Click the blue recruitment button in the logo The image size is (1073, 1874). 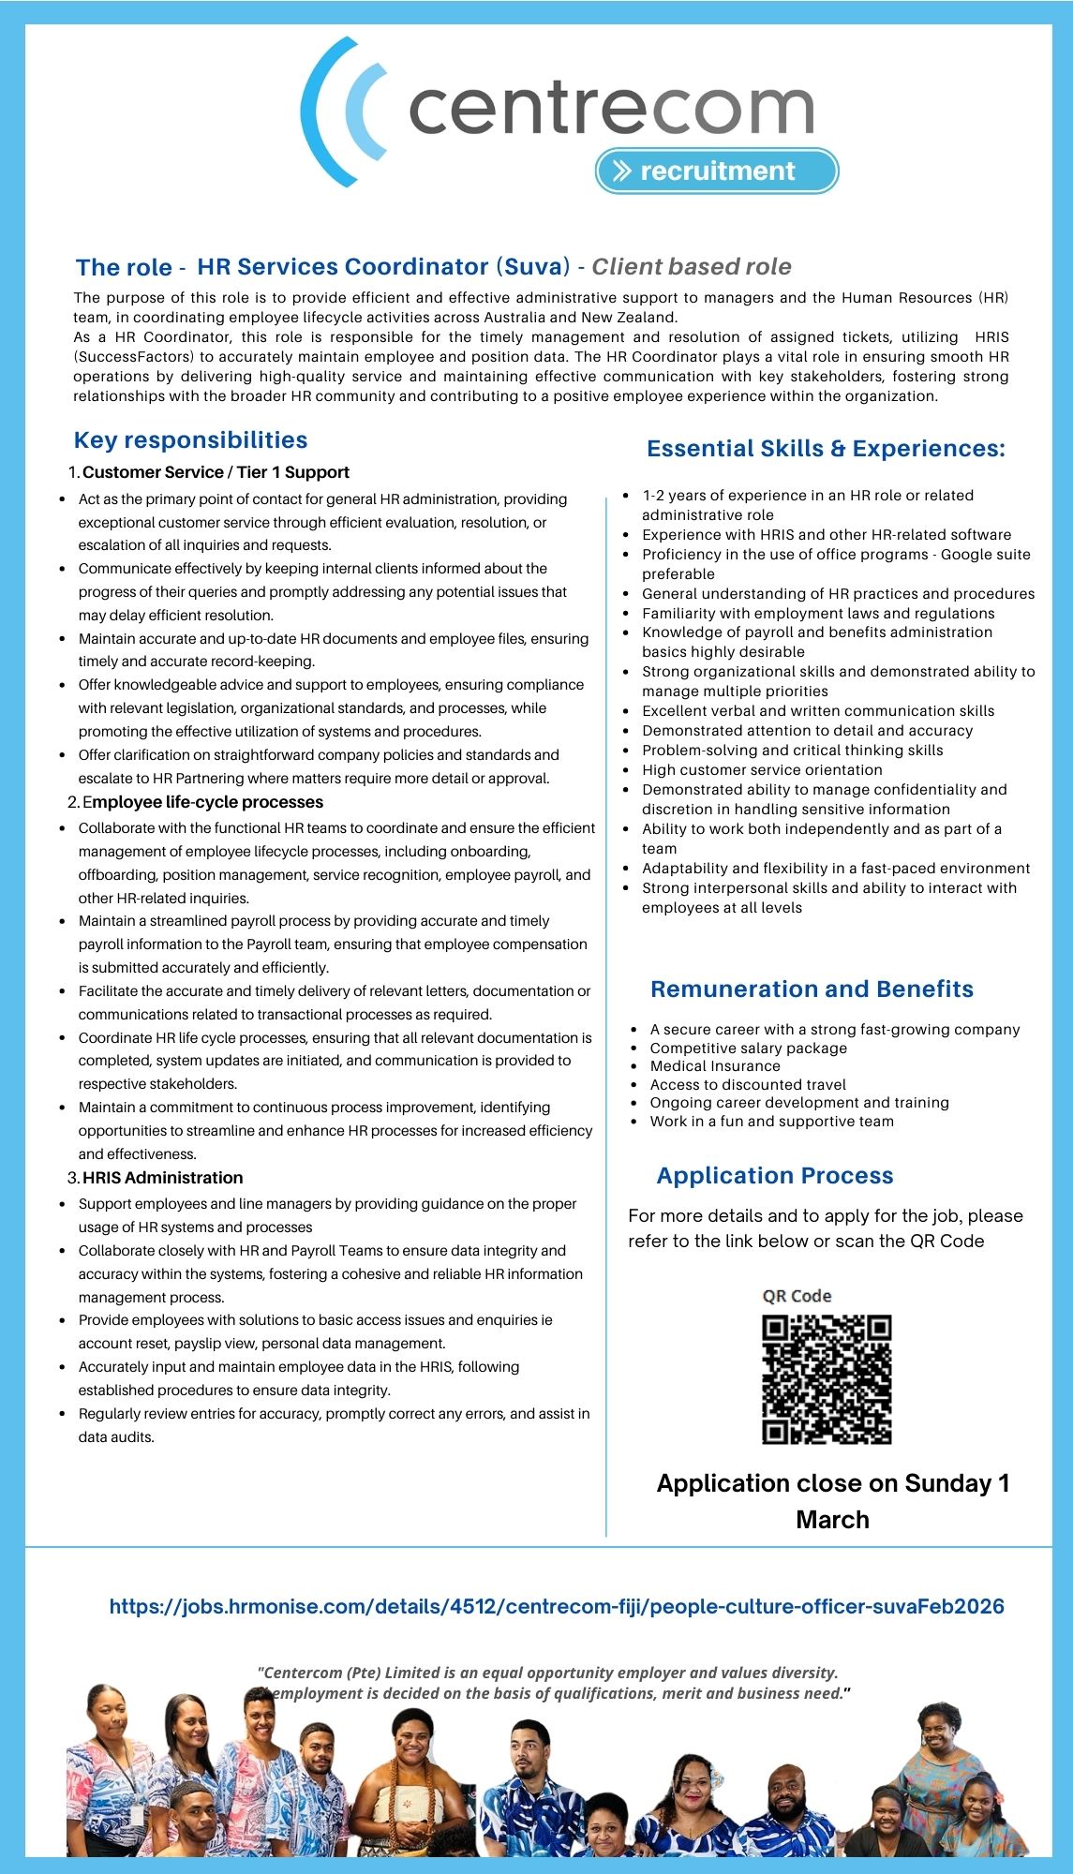717,171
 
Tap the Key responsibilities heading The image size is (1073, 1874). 190,440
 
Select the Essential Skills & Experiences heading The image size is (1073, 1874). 826,449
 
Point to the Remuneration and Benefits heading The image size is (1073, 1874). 812,989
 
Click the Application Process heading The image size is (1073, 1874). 775,1176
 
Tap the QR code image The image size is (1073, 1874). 827,1379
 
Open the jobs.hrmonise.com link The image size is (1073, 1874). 557,1607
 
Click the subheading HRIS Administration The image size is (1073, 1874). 162,1178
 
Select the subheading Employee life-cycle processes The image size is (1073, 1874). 202,802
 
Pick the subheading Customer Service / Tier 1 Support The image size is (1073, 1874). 216,472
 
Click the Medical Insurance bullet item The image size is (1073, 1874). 715,1066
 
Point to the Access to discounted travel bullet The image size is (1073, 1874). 748,1085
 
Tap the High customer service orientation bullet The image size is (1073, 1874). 762,770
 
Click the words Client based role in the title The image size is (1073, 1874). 692,267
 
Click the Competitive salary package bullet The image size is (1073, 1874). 748,1049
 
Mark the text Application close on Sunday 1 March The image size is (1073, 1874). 832,1500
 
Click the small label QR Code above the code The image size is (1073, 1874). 797,1296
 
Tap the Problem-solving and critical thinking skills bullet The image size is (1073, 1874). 792,751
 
